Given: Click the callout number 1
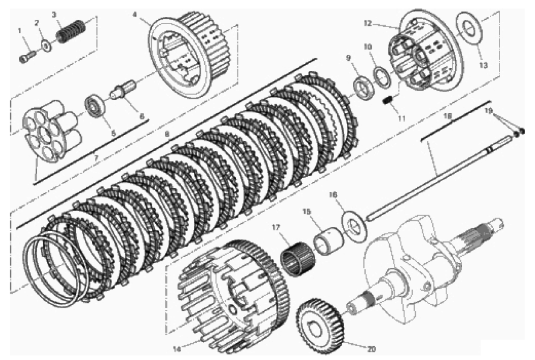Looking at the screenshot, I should pyautogui.click(x=20, y=30).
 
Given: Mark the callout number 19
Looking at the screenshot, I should pyautogui.click(x=489, y=111).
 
